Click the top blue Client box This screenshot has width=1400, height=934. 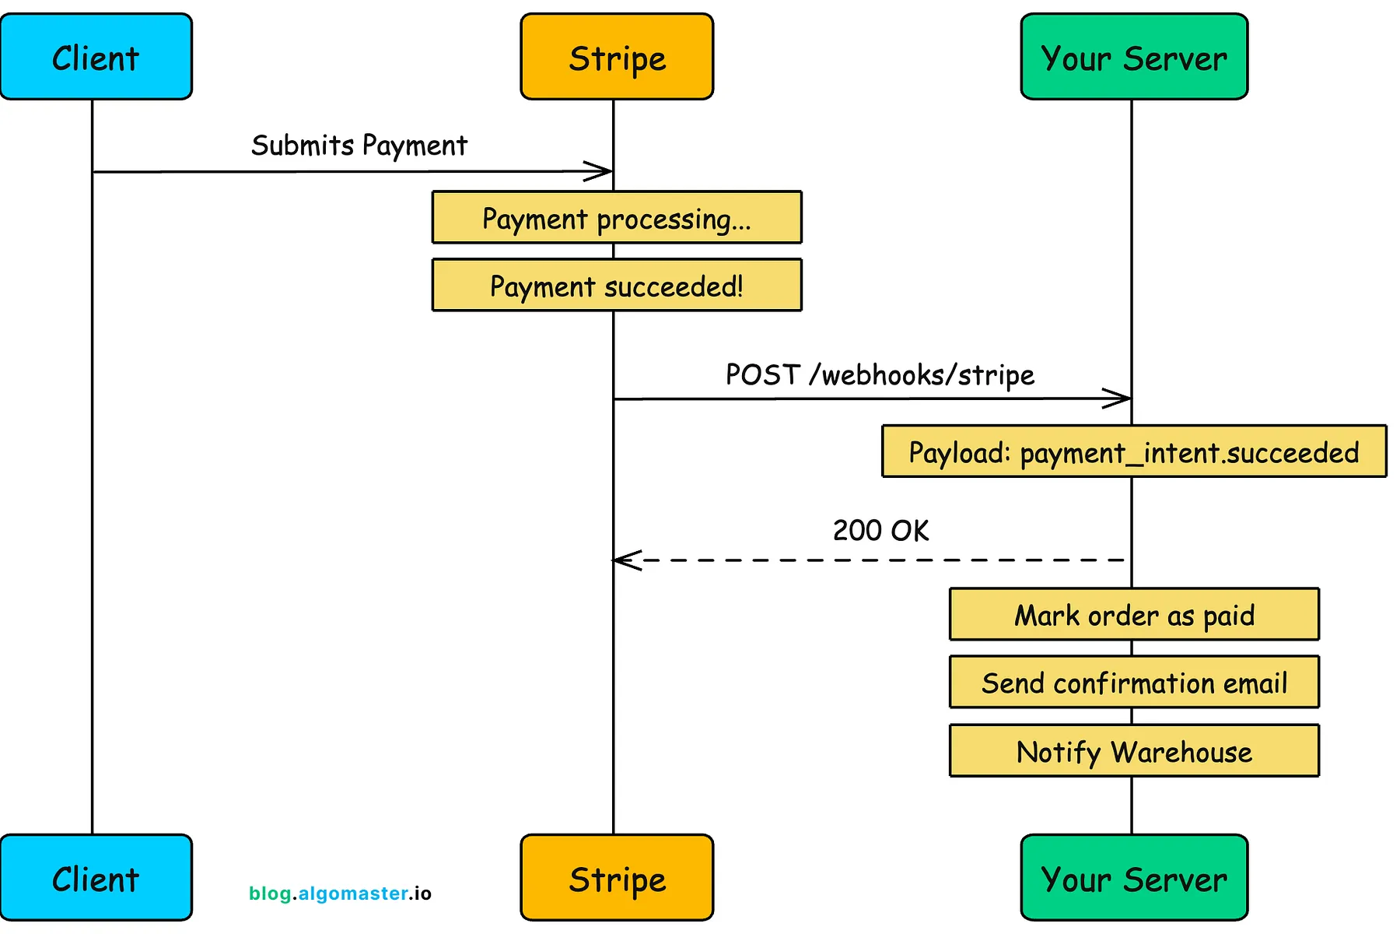(96, 57)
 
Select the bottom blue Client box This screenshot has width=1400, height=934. (96, 877)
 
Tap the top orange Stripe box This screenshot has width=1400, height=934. (617, 57)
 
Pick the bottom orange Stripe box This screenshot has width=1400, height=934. (617, 877)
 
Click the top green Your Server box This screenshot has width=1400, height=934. (1134, 57)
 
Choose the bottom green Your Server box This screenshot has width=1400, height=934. (1134, 877)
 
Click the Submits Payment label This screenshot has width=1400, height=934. (359, 146)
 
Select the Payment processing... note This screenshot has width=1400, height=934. (617, 218)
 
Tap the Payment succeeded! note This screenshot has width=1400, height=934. (617, 286)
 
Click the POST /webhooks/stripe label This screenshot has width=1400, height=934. (880, 375)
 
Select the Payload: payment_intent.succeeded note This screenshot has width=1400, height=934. (1134, 451)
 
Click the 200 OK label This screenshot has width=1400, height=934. (880, 531)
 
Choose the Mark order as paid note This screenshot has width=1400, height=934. (1134, 615)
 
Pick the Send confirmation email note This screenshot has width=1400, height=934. (1134, 683)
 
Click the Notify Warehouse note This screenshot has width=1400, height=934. (1134, 751)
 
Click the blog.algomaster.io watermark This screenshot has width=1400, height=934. (340, 894)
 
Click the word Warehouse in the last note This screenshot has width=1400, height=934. (1181, 753)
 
